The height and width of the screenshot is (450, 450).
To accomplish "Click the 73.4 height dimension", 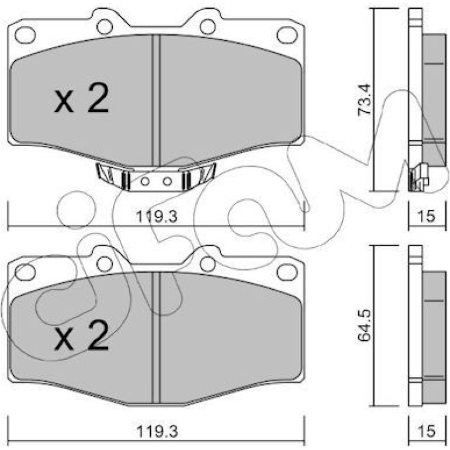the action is [364, 100].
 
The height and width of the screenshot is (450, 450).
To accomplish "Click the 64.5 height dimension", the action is [364, 326].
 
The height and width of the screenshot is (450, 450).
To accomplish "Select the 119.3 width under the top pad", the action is [157, 216].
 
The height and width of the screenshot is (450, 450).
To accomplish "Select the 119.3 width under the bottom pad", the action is [157, 431].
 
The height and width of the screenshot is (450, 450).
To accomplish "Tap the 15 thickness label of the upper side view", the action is [427, 216].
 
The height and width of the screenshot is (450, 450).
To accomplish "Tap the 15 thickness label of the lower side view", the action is [427, 431].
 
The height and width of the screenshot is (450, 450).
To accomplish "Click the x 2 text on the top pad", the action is [82, 98].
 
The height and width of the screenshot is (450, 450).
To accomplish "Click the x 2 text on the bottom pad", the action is [82, 335].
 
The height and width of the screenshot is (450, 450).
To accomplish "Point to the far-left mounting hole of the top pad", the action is [26, 35].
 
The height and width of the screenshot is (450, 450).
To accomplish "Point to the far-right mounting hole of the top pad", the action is [288, 34].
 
